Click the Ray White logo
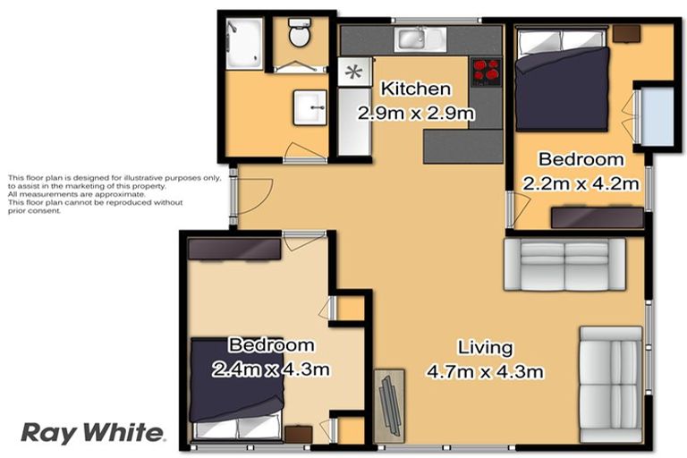pyautogui.click(x=93, y=432)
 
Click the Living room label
pyautogui.click(x=485, y=347)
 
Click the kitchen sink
pyautogui.click(x=416, y=38)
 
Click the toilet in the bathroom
pyautogui.click(x=299, y=35)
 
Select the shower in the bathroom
pyautogui.click(x=244, y=43)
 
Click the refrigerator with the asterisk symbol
pyautogui.click(x=354, y=72)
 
